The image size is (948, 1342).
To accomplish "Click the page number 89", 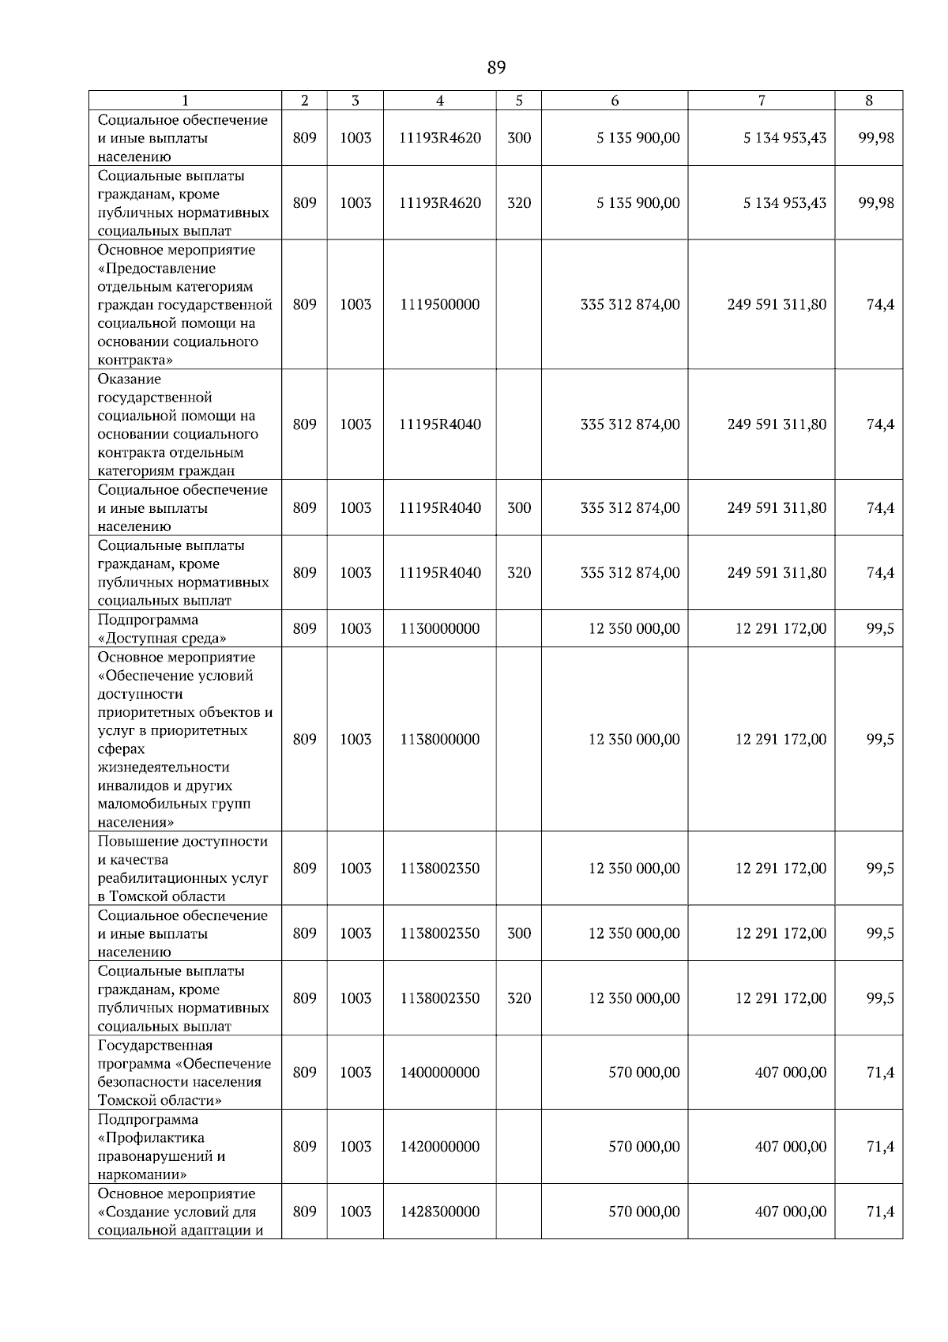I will coord(496,68).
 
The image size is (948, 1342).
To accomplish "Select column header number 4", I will coord(440,100).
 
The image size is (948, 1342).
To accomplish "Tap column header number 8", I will coord(869,100).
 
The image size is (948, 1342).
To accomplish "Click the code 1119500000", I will coord(440,305).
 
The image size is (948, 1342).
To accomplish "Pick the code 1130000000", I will coord(440,629).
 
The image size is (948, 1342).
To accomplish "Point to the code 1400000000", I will coord(440,1072).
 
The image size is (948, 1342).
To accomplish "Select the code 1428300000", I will coord(440,1212).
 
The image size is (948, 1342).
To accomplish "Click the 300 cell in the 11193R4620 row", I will coord(519,138).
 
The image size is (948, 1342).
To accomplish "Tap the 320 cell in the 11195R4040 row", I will coord(519,573).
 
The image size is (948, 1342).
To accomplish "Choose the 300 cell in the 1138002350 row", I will coord(519,933).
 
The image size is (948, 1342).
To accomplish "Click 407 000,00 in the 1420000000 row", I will coord(791,1147).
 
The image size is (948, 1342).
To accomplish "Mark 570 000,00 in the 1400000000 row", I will coord(644,1072).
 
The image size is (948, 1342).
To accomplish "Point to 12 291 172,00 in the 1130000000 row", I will coord(781,629).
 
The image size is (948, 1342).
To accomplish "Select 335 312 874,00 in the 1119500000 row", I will coord(630,305).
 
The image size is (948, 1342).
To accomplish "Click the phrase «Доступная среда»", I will coord(162,639).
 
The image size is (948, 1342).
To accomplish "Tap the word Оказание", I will coord(130,379).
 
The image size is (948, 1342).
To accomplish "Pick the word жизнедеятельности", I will coord(164,767).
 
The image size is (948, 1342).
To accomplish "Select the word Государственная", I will coord(155,1046).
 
